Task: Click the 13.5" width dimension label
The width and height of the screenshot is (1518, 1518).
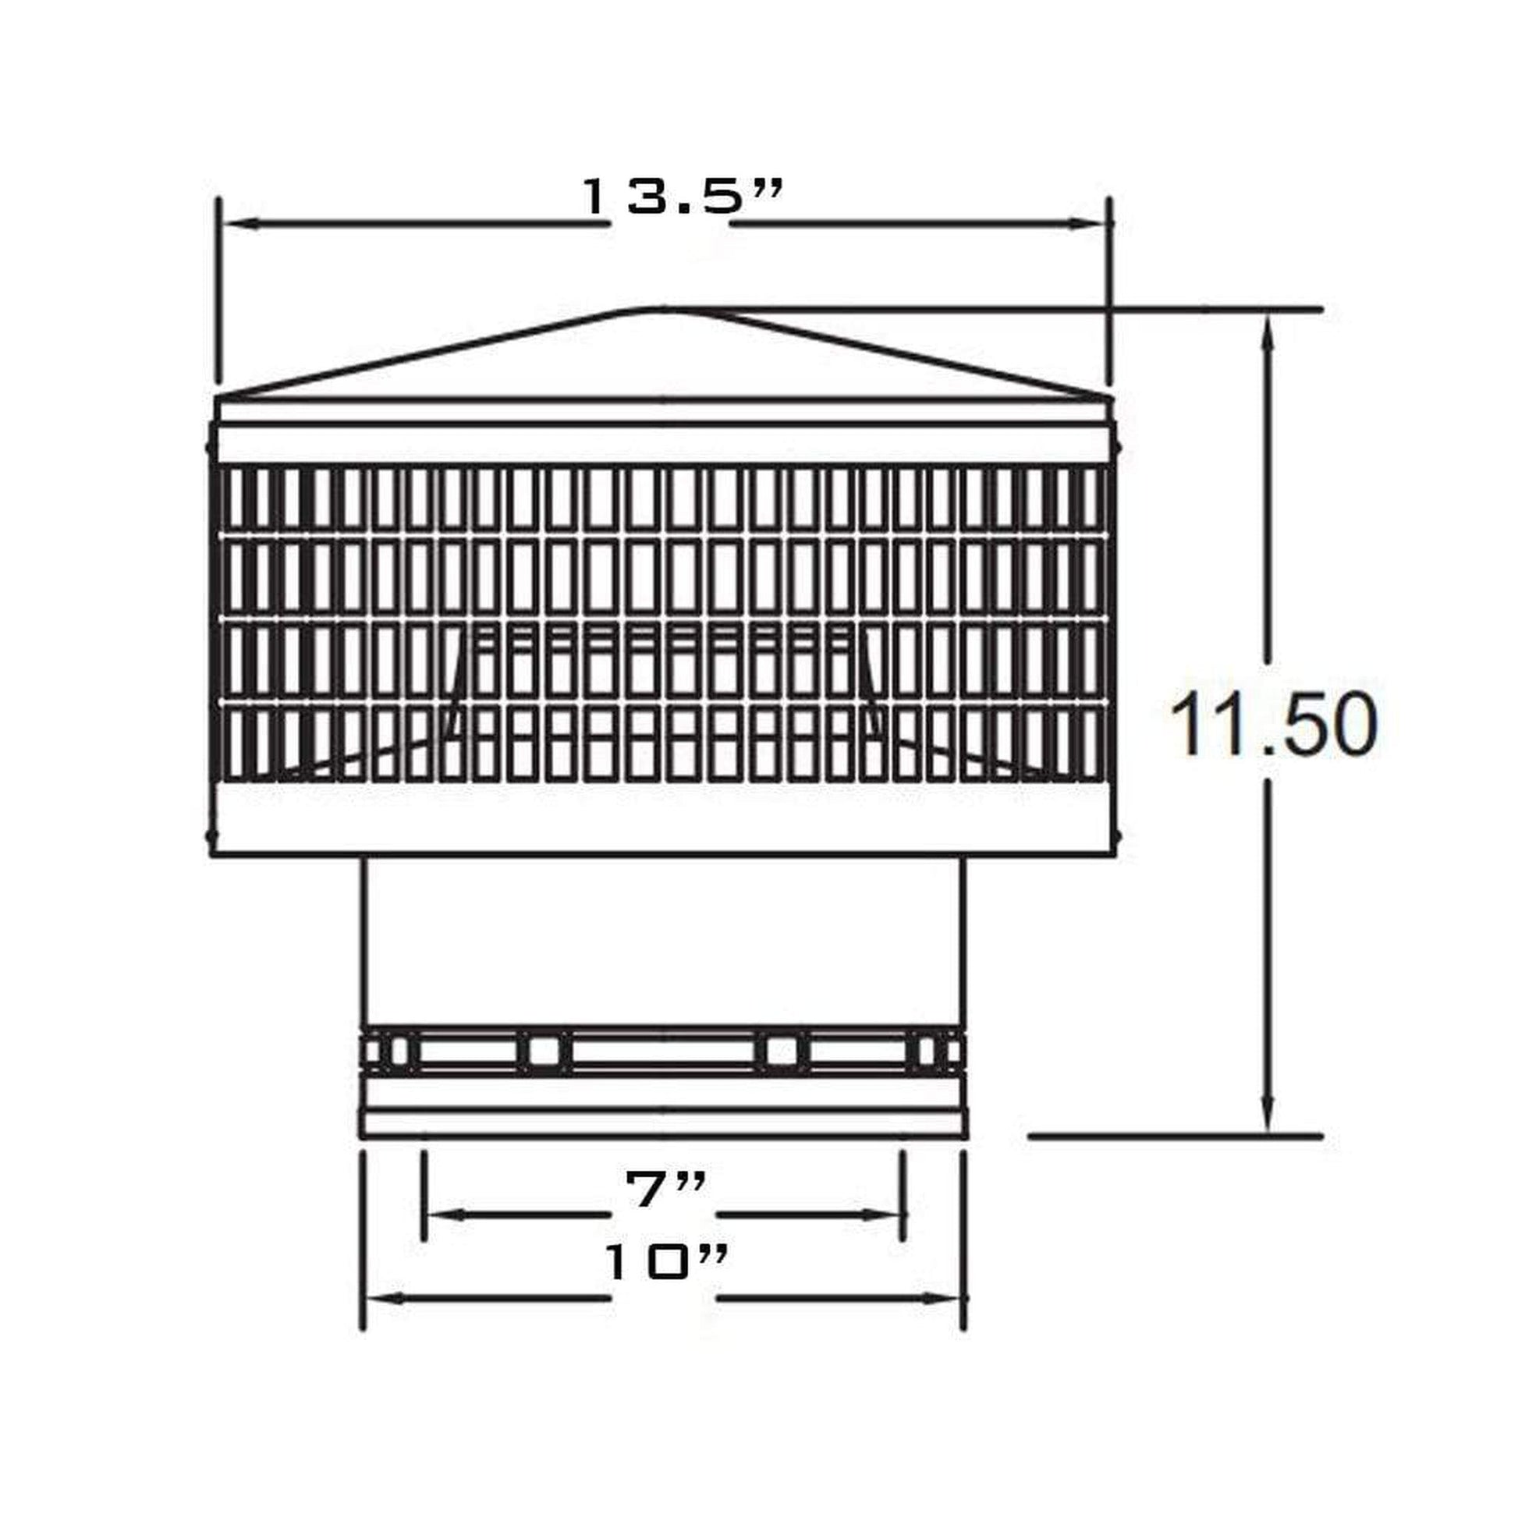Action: pos(682,196)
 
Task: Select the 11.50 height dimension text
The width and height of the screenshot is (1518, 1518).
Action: pos(1274,725)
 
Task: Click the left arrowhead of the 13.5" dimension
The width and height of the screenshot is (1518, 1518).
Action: pos(239,224)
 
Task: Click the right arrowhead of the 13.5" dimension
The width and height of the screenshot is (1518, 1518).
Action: pos(1089,224)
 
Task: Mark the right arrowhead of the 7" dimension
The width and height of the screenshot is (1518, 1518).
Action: pos(885,1215)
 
